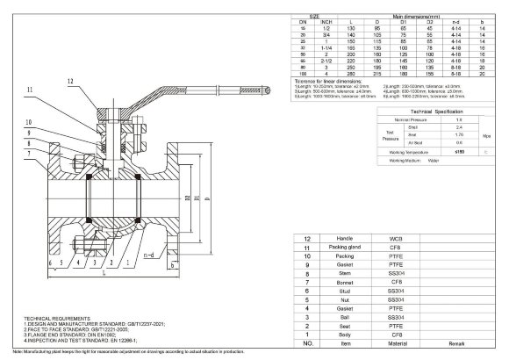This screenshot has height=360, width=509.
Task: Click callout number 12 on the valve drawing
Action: coord(70,81)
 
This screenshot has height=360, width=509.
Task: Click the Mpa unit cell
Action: coord(487,136)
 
